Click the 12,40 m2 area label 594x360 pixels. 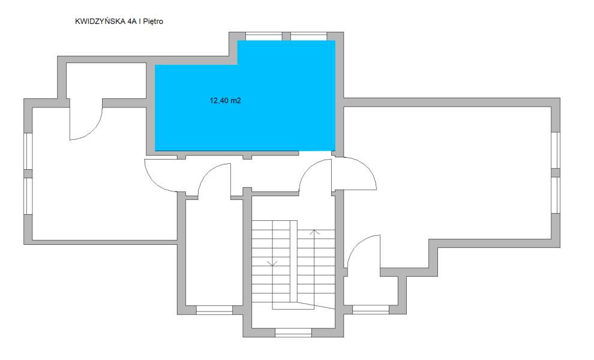[225, 101]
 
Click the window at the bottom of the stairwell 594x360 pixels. [293, 332]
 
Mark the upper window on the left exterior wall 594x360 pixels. [27, 151]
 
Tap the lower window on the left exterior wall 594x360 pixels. [27, 196]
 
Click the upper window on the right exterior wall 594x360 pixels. [555, 150]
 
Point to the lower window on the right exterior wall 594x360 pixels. [555, 196]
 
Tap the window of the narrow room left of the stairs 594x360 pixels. [214, 310]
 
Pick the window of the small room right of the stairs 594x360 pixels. [370, 310]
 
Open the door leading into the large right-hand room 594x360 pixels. [355, 174]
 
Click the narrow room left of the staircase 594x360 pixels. [214, 252]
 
